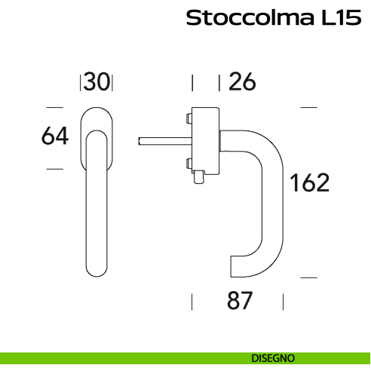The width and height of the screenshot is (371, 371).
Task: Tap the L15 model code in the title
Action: [x=336, y=18]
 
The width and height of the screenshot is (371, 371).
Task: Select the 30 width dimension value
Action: [x=97, y=81]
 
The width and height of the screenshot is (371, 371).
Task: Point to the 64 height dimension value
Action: [x=55, y=136]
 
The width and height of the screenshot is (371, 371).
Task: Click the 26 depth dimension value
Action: [x=242, y=81]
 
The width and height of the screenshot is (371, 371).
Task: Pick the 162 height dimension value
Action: [x=310, y=183]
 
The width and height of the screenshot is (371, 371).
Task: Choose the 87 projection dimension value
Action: [x=238, y=302]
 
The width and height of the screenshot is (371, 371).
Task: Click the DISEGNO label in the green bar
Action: [x=273, y=357]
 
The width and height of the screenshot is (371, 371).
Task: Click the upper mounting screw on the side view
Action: [x=186, y=117]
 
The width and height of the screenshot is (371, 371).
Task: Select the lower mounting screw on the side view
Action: [x=186, y=163]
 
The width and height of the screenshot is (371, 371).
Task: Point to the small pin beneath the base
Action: [x=198, y=178]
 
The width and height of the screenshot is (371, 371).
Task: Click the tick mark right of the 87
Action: [x=283, y=302]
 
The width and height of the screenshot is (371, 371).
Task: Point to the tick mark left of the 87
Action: [x=193, y=302]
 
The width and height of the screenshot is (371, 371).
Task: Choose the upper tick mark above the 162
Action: [x=308, y=108]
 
